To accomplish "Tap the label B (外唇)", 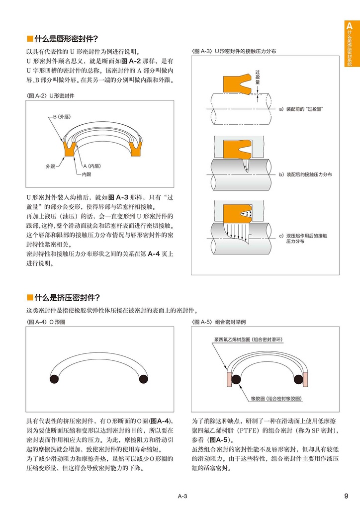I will (62, 117).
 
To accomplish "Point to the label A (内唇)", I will (91, 166).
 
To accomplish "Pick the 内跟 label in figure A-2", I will (86, 174).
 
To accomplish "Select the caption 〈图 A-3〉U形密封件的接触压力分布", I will (234, 51).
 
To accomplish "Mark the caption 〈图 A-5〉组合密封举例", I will (218, 322).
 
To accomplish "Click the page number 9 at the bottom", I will (346, 496).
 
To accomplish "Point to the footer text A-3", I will (182, 496).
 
